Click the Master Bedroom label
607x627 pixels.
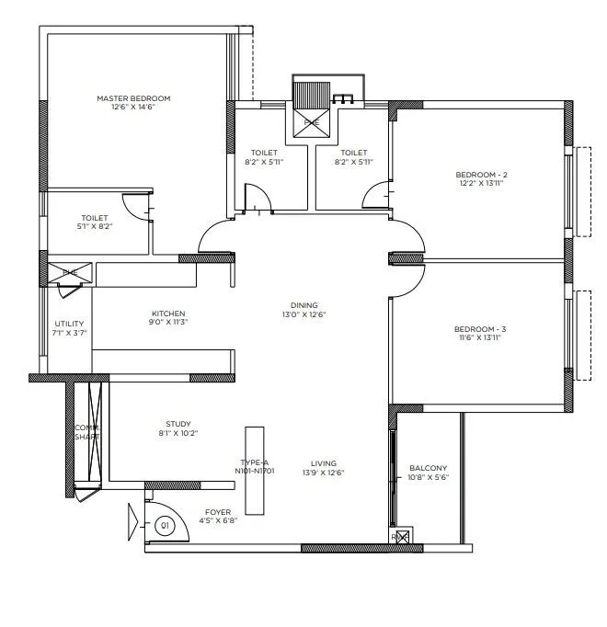[133, 98]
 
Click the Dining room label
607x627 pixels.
[303, 305]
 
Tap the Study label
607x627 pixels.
[178, 424]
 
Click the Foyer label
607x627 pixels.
[218, 511]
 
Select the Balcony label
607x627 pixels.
[428, 468]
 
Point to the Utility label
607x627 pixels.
[69, 324]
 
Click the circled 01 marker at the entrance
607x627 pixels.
[166, 526]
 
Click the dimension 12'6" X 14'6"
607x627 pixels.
[133, 108]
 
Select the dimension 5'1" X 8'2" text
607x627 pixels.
[95, 226]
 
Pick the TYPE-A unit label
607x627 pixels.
[254, 463]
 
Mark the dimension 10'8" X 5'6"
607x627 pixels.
[428, 477]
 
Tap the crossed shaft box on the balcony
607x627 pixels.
[400, 536]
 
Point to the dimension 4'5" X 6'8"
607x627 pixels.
[218, 520]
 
